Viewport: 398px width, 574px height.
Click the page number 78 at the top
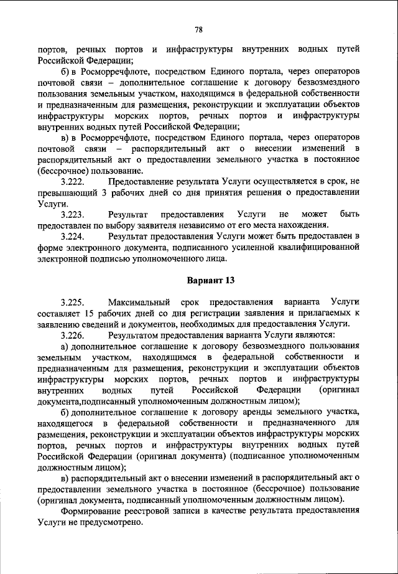(x=199, y=29)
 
